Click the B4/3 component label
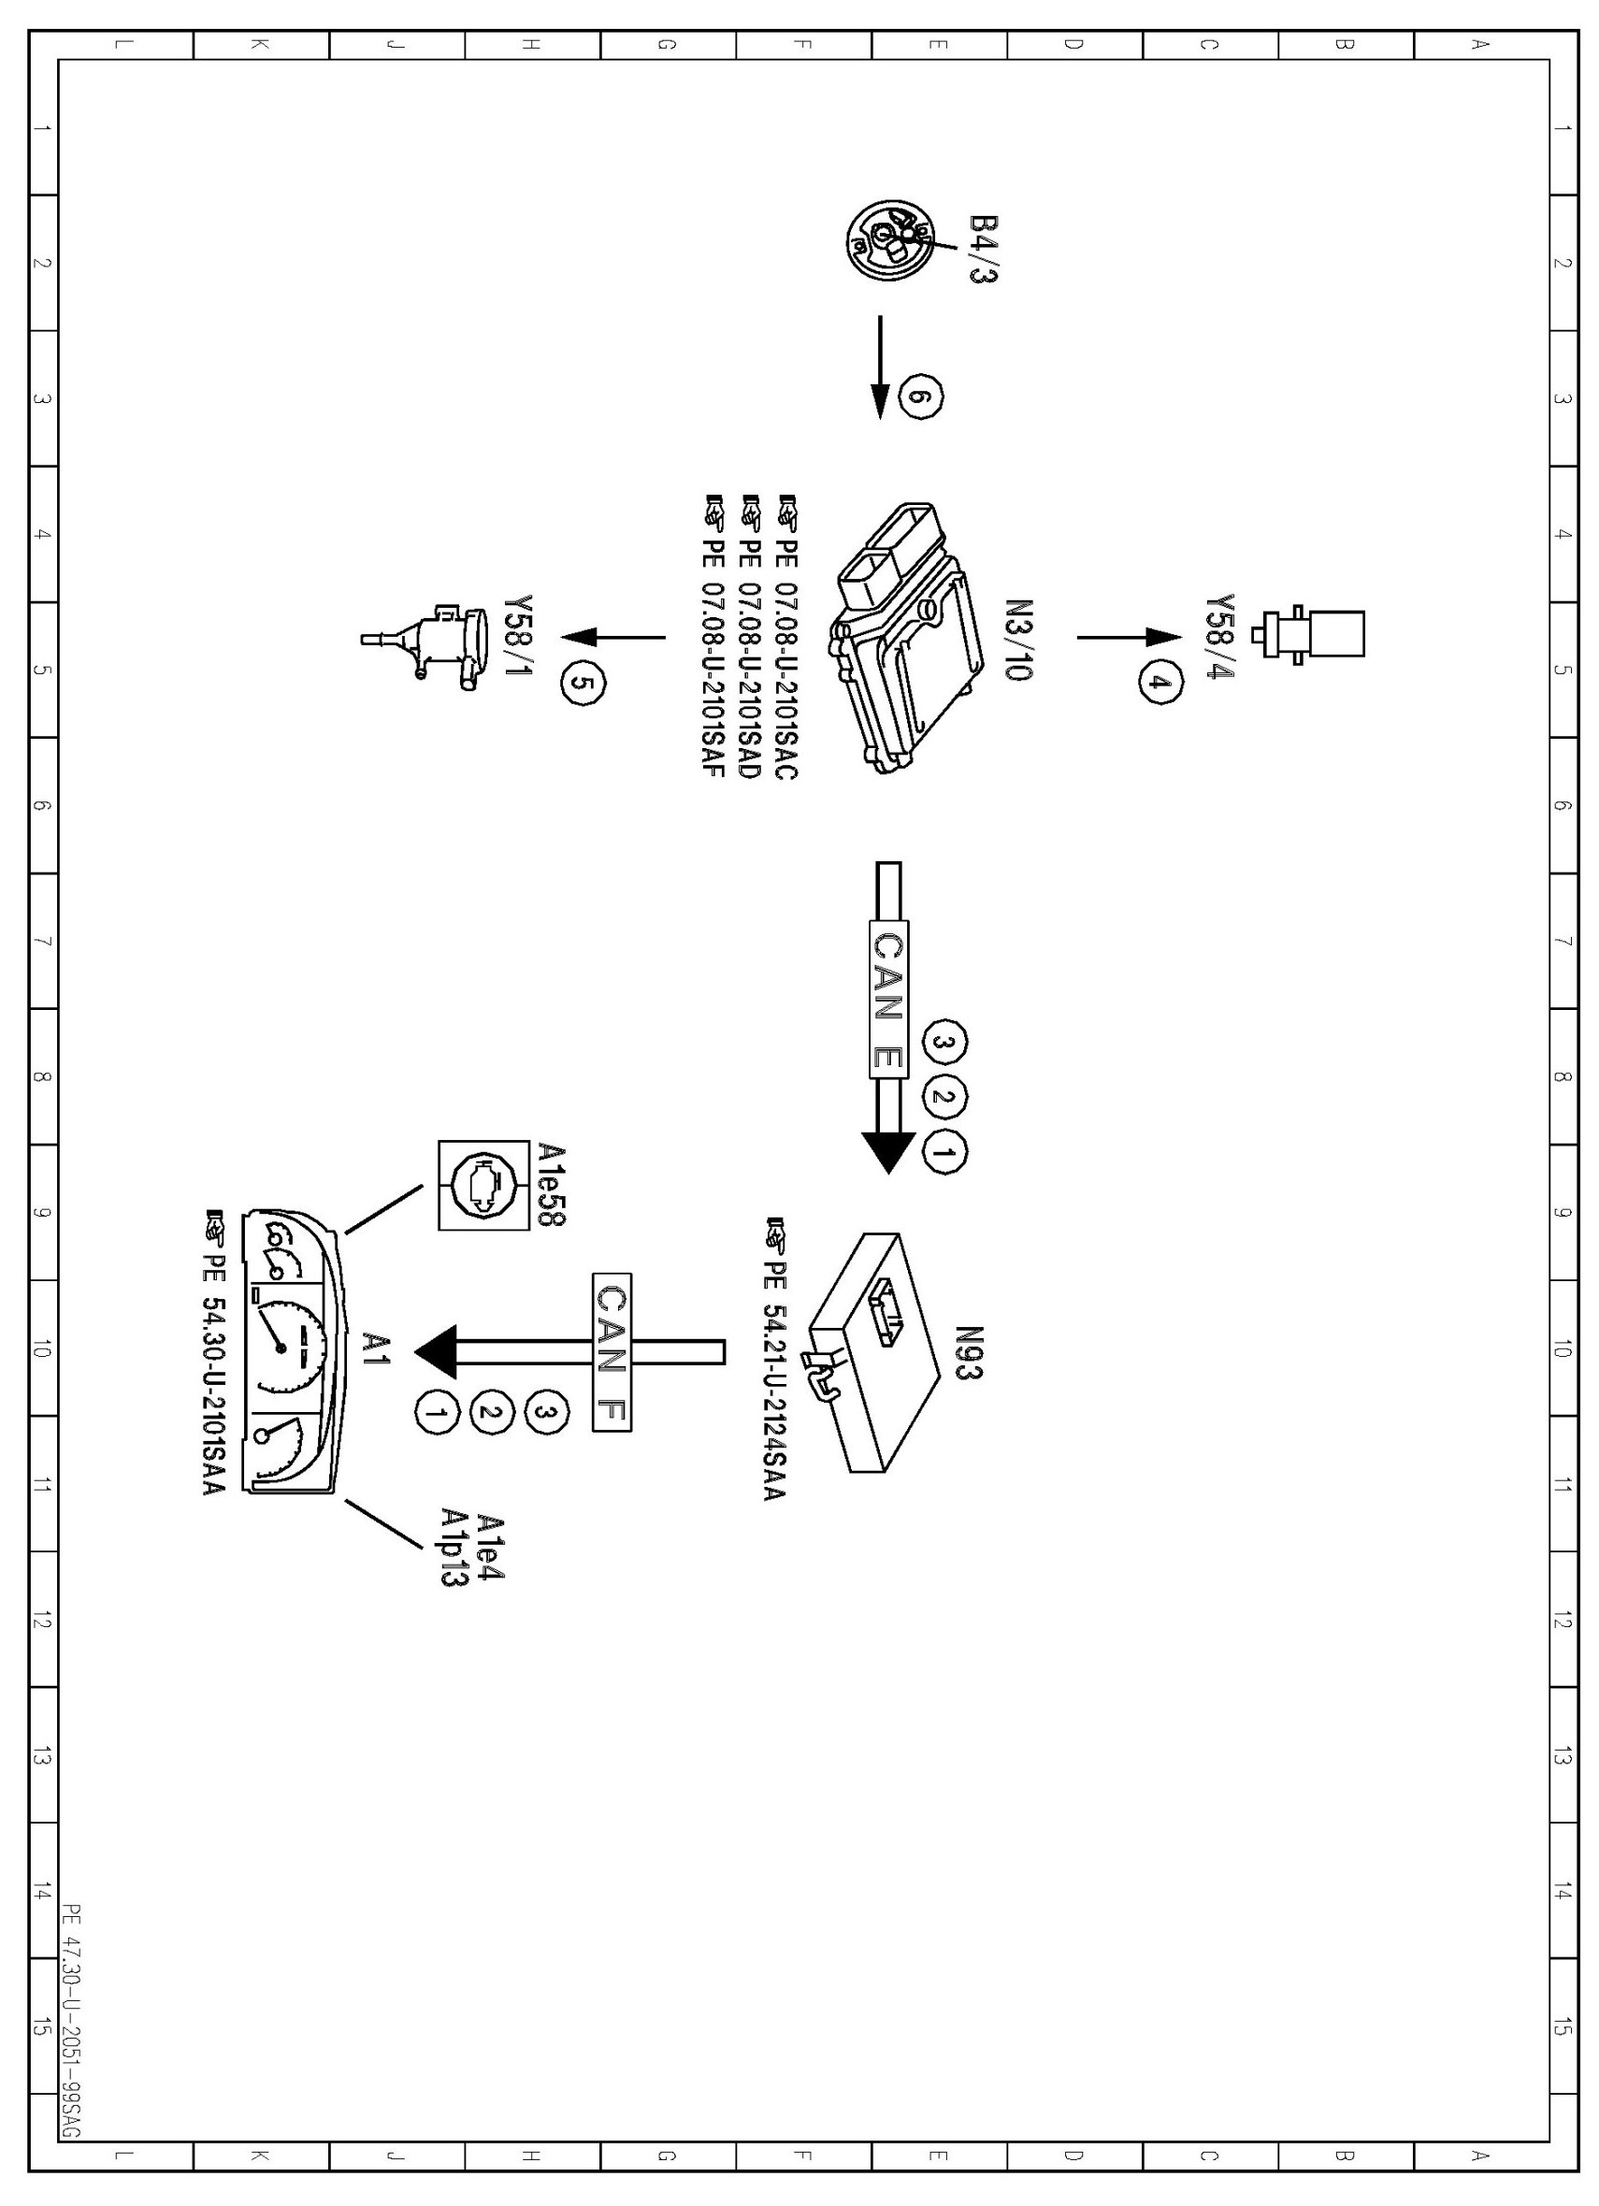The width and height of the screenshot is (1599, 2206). pos(984,250)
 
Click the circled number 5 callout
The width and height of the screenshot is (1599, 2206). pos(582,683)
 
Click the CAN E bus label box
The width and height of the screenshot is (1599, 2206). pos(887,998)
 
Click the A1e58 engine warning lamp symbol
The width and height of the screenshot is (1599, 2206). pos(478,1186)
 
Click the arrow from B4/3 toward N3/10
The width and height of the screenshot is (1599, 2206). pos(880,367)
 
